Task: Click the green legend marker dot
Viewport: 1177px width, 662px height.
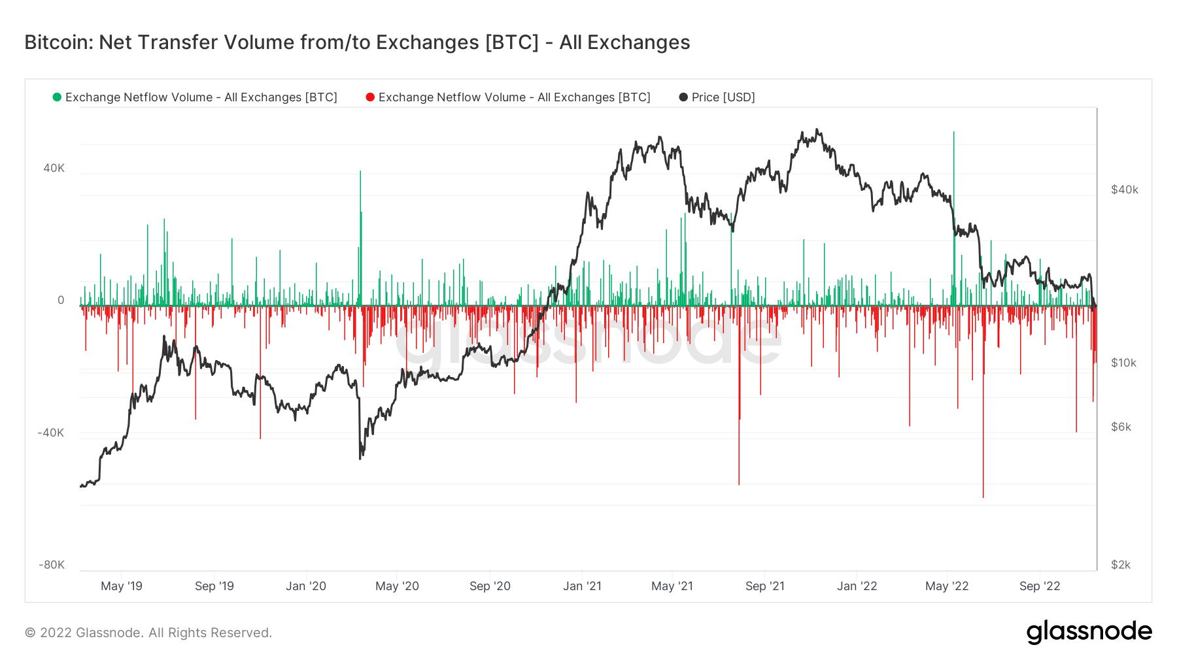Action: click(x=57, y=97)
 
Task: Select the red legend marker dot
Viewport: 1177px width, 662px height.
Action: click(x=370, y=97)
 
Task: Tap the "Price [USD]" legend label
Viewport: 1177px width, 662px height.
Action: click(x=723, y=97)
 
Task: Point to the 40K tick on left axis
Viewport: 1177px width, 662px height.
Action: click(x=54, y=168)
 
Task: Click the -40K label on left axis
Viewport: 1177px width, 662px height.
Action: click(x=51, y=433)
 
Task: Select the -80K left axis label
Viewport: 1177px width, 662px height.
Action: click(x=52, y=565)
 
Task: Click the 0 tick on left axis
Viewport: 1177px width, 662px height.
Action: click(x=61, y=300)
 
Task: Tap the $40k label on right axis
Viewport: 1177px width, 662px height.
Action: click(x=1125, y=190)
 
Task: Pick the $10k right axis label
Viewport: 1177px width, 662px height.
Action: click(x=1124, y=363)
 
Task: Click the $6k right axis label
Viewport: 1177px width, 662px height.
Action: click(x=1121, y=427)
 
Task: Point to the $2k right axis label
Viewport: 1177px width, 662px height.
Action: click(x=1121, y=565)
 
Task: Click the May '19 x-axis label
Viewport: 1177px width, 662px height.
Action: click(x=122, y=586)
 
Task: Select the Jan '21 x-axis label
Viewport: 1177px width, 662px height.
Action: click(x=582, y=586)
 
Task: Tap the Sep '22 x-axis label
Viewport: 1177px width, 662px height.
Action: click(x=1040, y=586)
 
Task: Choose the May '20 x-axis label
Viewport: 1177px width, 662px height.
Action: click(x=397, y=586)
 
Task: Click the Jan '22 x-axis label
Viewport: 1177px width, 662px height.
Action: click(x=857, y=586)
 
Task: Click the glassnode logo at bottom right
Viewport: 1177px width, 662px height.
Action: click(x=1089, y=632)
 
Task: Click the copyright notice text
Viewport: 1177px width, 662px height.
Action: click(x=148, y=633)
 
